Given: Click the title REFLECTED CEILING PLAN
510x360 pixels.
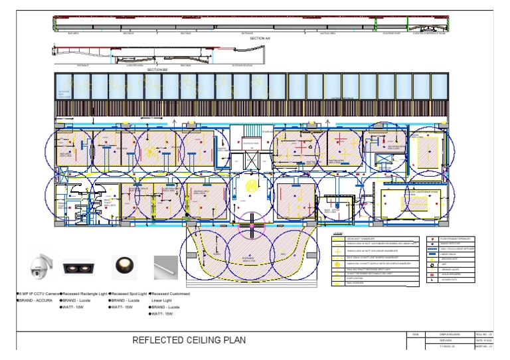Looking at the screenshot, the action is click(x=189, y=341).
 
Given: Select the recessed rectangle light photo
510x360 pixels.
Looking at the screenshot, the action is click(x=78, y=267).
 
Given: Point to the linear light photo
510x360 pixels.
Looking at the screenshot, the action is click(x=166, y=267).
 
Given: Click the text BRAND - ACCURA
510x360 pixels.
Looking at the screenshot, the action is click(x=38, y=301).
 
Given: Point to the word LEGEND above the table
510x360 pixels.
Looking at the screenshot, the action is click(x=337, y=234).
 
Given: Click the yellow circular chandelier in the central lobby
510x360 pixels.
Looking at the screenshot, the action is click(x=251, y=185).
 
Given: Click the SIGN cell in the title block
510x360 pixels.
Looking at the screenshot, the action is click(x=415, y=334).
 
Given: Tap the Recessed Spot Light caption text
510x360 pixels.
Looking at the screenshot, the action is click(x=128, y=294).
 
